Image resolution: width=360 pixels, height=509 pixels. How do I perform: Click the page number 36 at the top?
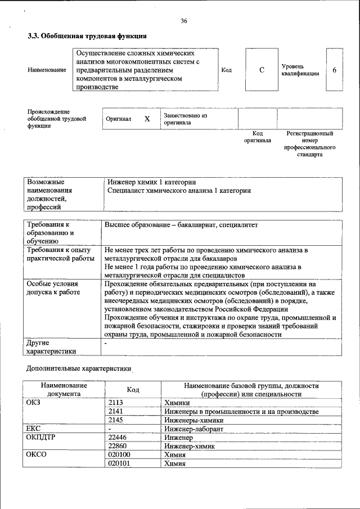click(x=183, y=21)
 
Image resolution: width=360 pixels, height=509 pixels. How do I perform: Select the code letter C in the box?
click(x=262, y=70)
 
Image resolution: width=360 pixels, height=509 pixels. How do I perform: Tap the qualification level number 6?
click(x=335, y=70)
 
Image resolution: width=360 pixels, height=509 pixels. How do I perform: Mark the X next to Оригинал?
click(x=147, y=119)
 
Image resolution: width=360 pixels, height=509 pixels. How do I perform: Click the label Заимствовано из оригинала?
click(x=186, y=119)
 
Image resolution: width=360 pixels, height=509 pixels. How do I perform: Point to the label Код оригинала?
click(x=258, y=137)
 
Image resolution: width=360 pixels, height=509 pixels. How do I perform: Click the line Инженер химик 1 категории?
click(x=151, y=182)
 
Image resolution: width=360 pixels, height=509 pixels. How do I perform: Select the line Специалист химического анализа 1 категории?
click(x=179, y=191)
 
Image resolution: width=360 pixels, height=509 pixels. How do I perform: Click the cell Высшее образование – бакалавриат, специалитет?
click(x=181, y=225)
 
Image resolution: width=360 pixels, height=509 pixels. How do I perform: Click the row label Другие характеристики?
click(x=51, y=346)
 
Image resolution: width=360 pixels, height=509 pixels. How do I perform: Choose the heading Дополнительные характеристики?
click(x=79, y=369)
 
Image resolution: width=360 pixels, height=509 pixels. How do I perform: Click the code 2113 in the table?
click(x=115, y=403)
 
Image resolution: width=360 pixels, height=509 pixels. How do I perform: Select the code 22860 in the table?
click(x=118, y=447)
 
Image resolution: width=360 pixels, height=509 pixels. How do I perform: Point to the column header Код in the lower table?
click(x=133, y=390)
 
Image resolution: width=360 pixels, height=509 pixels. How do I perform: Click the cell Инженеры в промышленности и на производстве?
click(x=241, y=412)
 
